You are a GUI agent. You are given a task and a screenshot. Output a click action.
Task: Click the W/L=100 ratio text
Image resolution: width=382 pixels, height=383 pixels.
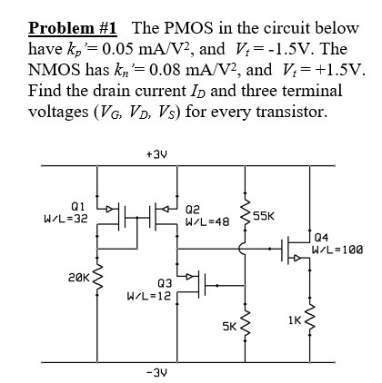click(x=335, y=252)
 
